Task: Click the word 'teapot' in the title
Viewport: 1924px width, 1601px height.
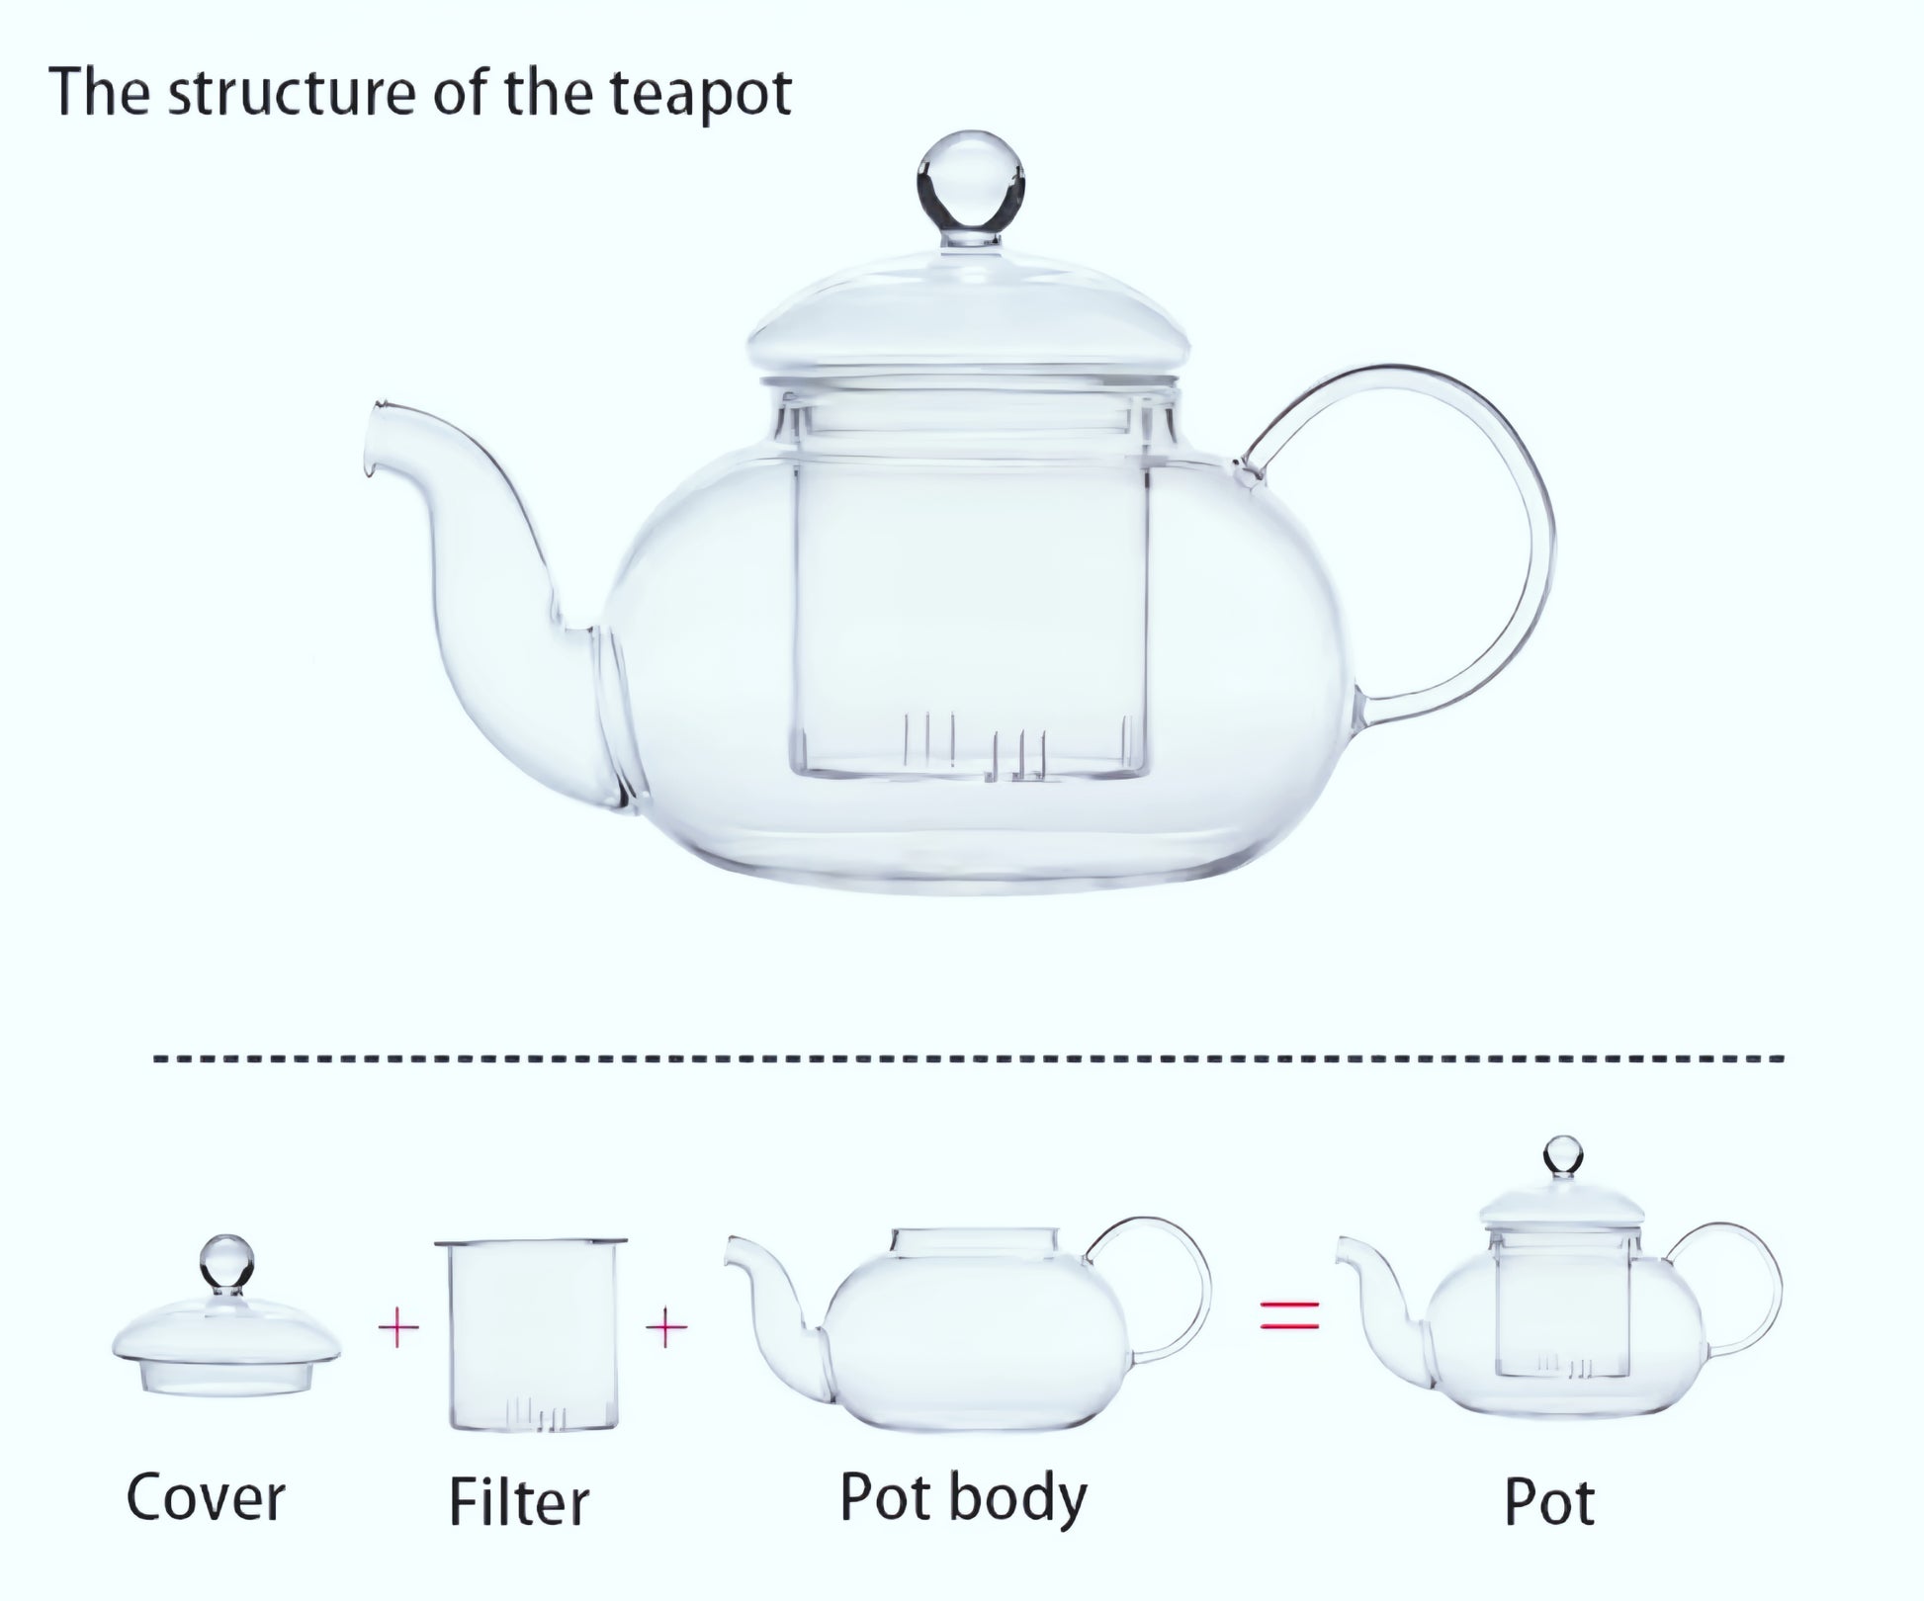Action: coord(699,95)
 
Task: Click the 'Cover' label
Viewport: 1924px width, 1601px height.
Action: coord(205,1498)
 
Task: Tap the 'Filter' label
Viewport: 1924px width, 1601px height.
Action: coord(519,1502)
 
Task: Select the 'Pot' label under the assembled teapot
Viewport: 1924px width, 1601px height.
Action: coord(1549,1503)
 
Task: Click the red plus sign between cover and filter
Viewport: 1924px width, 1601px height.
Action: coord(398,1329)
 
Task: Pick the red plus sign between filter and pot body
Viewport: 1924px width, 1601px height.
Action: coord(666,1327)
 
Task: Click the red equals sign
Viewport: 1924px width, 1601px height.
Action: coord(1290,1315)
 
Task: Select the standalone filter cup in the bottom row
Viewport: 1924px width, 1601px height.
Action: coord(532,1334)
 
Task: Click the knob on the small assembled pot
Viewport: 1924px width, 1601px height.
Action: coord(1563,1157)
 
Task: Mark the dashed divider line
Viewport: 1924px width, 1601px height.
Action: coord(969,1058)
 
